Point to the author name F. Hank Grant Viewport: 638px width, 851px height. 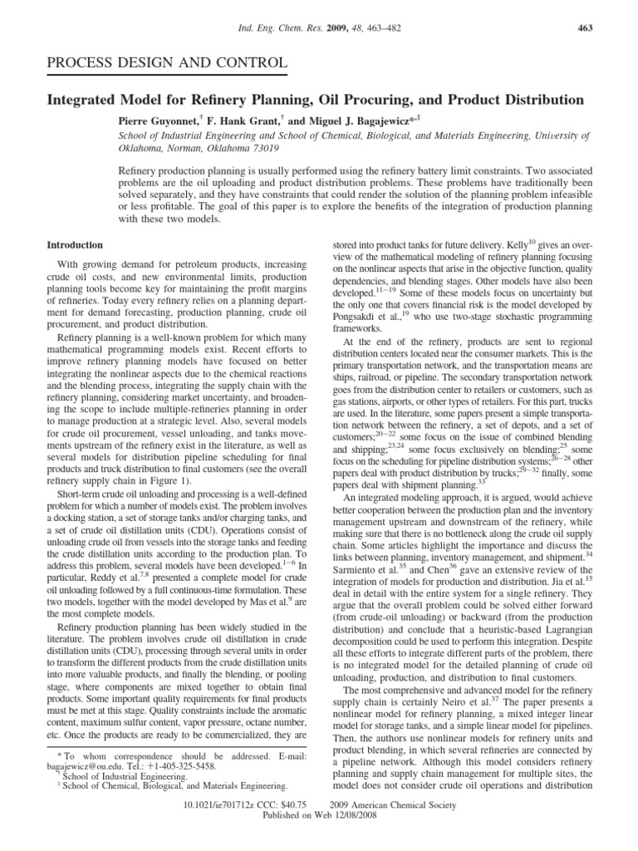point(247,119)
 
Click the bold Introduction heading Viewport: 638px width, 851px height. point(75,245)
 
